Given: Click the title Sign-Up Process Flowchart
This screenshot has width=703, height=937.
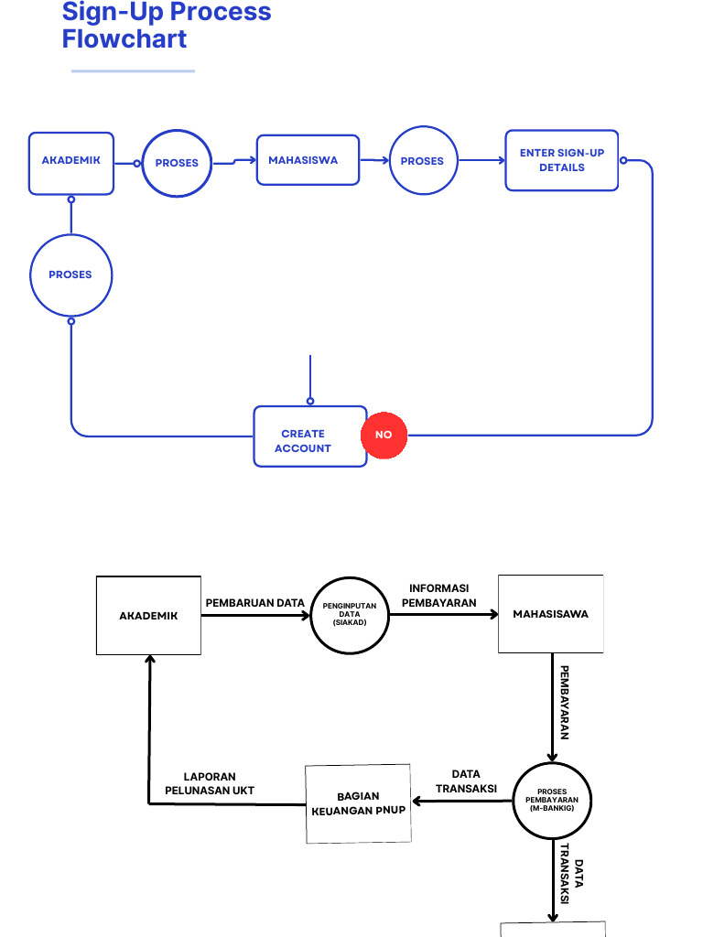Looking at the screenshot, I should [x=167, y=26].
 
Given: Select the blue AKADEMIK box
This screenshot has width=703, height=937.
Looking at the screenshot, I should [x=71, y=163].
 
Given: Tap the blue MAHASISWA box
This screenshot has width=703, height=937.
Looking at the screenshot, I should [x=307, y=161].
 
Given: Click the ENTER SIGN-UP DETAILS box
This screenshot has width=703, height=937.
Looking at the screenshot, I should [x=561, y=160].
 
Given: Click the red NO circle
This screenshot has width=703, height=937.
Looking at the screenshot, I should [x=384, y=435].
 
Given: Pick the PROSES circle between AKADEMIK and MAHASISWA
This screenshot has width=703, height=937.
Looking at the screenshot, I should [x=177, y=163].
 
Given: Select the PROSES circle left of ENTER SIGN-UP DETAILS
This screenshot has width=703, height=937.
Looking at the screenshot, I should [x=422, y=161].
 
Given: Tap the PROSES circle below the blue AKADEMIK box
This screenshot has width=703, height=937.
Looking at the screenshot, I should [x=70, y=275].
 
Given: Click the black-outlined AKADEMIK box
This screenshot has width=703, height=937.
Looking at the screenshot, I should [x=148, y=615].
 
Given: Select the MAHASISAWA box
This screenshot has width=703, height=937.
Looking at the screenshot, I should [x=550, y=614].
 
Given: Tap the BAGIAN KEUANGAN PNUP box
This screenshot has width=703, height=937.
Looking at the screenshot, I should [x=358, y=802].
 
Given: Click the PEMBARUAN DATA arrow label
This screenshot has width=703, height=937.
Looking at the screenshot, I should [x=254, y=603].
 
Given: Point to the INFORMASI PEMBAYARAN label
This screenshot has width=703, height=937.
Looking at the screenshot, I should [x=439, y=596].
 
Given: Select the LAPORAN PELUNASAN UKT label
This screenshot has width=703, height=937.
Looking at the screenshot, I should [x=210, y=783].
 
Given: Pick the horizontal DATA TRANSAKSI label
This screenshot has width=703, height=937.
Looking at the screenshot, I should [x=466, y=781].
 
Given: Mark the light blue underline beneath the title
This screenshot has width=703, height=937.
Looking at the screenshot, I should [x=133, y=70].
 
